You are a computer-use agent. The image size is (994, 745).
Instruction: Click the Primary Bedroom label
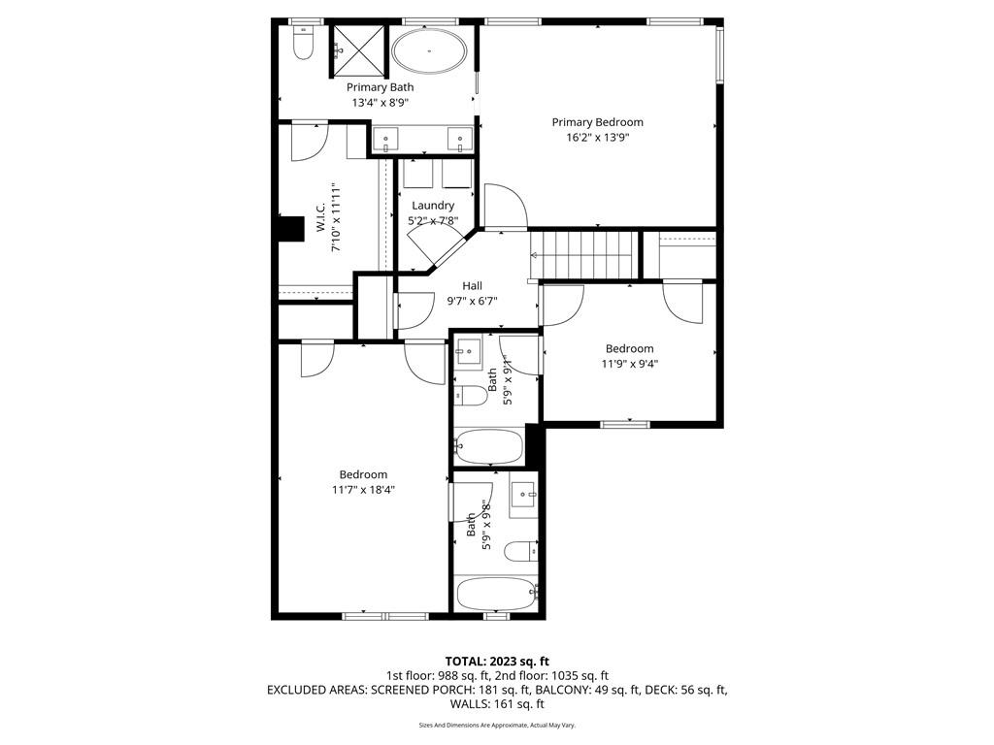[x=597, y=122]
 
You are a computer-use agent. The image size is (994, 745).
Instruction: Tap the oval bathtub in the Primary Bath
[x=430, y=50]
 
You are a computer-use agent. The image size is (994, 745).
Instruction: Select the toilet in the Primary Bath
[x=304, y=43]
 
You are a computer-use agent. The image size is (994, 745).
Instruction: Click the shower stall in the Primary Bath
[x=357, y=50]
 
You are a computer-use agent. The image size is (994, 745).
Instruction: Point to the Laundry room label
[x=433, y=206]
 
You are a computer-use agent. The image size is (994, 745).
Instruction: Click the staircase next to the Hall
[x=583, y=255]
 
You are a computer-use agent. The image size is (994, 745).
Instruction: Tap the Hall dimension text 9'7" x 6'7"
[x=473, y=302]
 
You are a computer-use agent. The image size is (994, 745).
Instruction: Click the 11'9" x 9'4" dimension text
[x=629, y=364]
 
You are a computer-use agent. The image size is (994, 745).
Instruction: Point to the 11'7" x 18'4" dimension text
[x=363, y=490]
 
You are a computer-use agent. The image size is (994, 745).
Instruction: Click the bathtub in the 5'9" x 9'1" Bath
[x=489, y=447]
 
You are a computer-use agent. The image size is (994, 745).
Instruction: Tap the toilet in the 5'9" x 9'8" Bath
[x=521, y=551]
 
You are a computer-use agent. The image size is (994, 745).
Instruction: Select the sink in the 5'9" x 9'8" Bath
[x=524, y=492]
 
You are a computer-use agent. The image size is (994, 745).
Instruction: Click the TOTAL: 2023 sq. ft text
[x=497, y=662]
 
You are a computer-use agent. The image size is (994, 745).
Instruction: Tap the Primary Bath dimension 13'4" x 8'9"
[x=381, y=103]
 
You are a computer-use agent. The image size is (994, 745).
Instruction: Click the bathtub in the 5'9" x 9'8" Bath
[x=496, y=594]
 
